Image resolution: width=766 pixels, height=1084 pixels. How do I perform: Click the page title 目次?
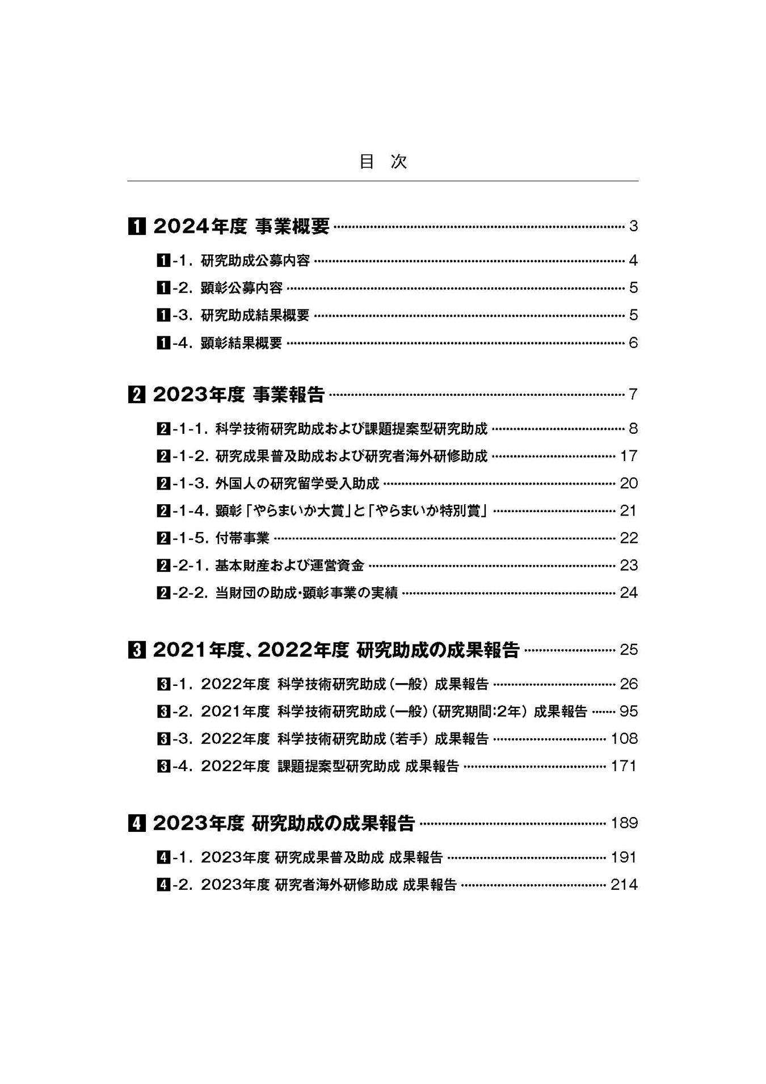click(383, 162)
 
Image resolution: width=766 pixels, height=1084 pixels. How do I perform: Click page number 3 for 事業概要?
click(633, 227)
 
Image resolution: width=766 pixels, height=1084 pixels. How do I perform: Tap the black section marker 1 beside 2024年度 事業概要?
click(136, 227)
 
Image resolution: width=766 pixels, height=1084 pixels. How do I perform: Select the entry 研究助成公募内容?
click(255, 261)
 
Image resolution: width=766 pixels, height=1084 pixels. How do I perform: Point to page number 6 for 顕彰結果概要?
click(633, 343)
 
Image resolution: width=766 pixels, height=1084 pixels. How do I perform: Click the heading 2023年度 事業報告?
click(238, 394)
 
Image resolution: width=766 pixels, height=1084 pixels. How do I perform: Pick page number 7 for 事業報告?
click(633, 394)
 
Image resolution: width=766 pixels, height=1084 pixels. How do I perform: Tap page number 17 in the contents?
click(629, 456)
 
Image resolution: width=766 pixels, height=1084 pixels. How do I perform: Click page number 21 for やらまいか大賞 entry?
click(629, 510)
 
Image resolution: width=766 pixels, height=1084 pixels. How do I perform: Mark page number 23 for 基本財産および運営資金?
click(629, 565)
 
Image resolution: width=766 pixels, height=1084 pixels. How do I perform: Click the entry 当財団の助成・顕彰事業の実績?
click(306, 593)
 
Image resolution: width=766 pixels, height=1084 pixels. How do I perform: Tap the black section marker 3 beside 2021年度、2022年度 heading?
click(136, 650)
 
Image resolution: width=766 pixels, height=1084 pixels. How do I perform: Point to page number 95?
click(629, 711)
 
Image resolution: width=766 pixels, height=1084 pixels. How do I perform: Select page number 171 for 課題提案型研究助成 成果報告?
click(624, 766)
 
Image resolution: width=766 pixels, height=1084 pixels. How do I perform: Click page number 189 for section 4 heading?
click(624, 823)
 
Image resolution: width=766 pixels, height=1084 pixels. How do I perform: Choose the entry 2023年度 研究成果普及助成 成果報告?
click(322, 857)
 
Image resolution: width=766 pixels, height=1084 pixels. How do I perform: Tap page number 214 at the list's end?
click(624, 885)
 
